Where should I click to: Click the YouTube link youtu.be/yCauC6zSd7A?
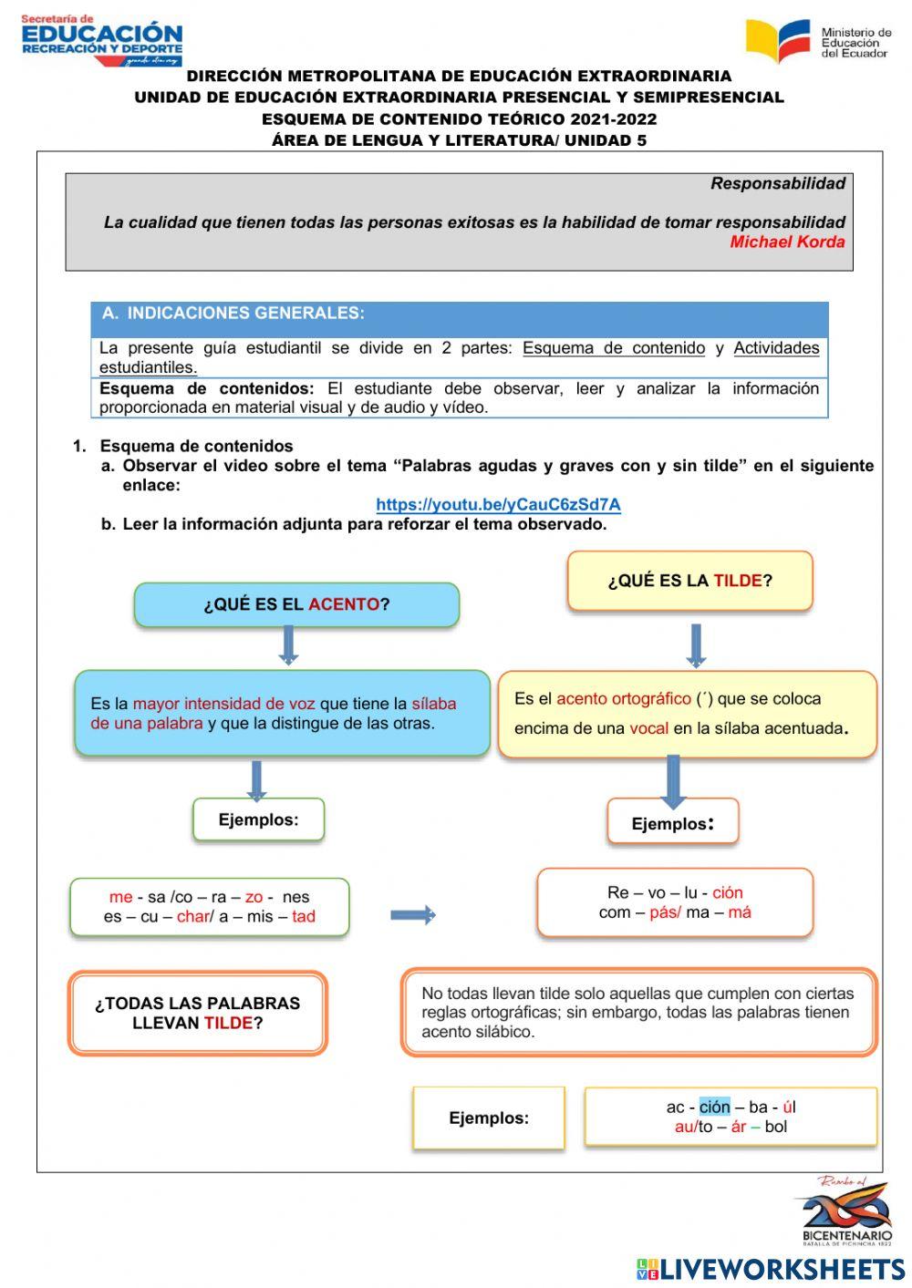(x=498, y=504)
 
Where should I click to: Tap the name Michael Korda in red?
(x=787, y=242)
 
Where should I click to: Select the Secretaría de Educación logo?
(x=101, y=40)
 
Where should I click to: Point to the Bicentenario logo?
(x=845, y=1211)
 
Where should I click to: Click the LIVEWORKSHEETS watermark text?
(x=782, y=1269)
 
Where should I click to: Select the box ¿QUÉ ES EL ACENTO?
(x=296, y=604)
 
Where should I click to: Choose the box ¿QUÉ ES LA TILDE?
(x=689, y=581)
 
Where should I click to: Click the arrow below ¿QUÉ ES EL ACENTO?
(x=288, y=645)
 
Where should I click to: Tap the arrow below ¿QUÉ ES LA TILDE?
(x=696, y=645)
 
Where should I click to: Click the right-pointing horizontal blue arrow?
(x=412, y=915)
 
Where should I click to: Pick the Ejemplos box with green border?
(x=258, y=819)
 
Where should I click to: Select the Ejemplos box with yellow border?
(x=489, y=1118)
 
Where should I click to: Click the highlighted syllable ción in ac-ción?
(x=714, y=1107)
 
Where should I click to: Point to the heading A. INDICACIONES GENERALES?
(x=233, y=314)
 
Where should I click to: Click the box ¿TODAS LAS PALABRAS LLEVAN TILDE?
(x=197, y=1013)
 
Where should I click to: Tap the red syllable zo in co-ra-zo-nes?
(x=254, y=897)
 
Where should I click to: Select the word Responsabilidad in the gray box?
(x=777, y=183)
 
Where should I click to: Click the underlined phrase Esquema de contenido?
(x=614, y=348)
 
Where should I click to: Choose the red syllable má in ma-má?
(x=740, y=912)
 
